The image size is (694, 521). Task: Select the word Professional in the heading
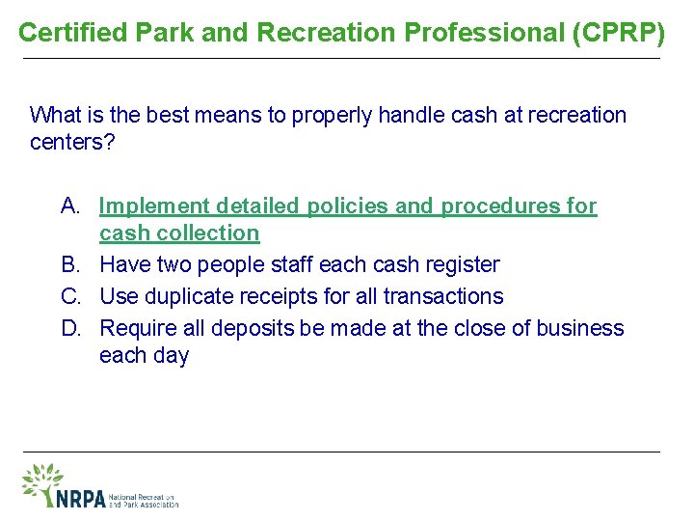point(486,33)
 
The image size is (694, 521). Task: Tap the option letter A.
point(71,206)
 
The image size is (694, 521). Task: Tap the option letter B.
point(71,264)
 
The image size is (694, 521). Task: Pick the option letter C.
point(71,296)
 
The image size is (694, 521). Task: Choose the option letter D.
point(71,328)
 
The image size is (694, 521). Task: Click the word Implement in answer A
point(154,206)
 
